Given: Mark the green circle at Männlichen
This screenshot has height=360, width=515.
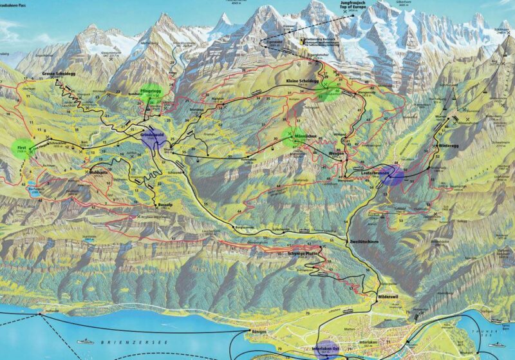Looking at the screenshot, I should point(294,136).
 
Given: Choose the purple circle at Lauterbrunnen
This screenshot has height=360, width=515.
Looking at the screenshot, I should point(392,175).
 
